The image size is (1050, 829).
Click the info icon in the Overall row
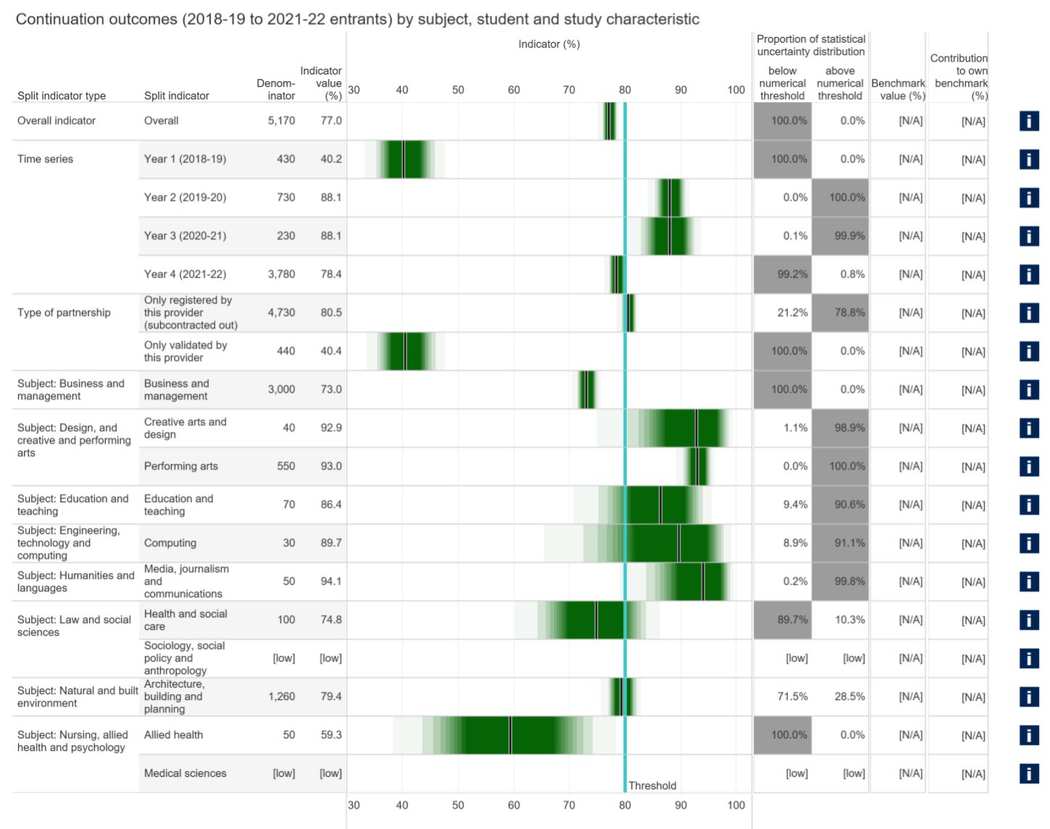1028,121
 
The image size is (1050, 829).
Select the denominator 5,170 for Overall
281,121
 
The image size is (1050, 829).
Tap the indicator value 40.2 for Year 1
330,159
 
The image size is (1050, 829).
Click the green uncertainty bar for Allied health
510,735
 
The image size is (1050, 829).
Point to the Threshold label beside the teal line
652,786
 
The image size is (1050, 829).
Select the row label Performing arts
180,467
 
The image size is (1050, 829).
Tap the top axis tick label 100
736,90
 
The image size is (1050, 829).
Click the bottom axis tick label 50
458,805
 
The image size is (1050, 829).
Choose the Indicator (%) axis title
549,44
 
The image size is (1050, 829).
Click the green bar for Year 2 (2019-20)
670,198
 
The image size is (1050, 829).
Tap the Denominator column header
276,90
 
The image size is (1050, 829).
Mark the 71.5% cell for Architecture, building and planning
792,696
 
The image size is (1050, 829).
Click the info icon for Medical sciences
1028,773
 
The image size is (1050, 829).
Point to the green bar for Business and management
587,390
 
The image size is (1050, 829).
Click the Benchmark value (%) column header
898,90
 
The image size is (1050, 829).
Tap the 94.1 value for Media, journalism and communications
330,582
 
